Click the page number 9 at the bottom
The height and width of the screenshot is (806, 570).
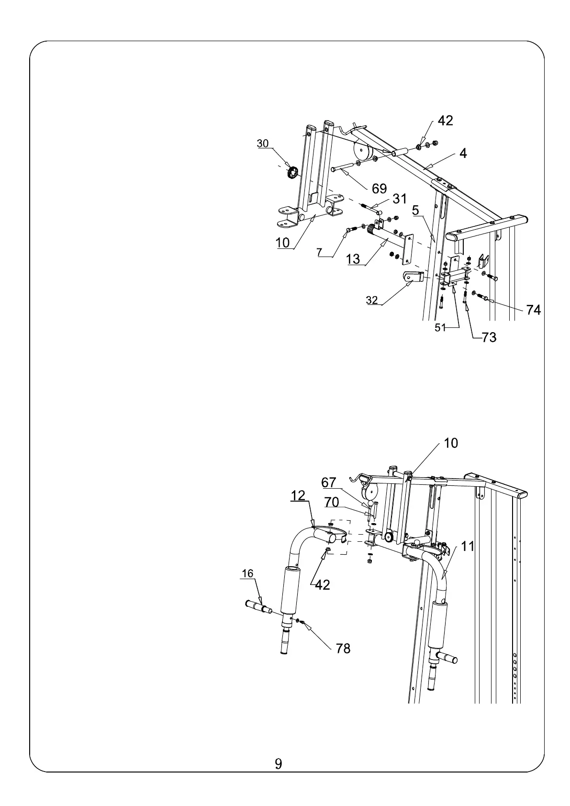279,763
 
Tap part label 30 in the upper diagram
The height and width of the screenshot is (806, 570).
263,143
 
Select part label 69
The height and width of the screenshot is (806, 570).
379,189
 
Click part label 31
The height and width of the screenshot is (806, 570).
400,198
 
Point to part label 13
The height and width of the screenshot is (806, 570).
353,259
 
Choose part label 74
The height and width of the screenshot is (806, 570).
533,310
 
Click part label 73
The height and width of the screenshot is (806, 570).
489,337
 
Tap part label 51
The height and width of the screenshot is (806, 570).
440,327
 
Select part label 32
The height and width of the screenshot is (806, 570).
372,300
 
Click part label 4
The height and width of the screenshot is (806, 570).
463,153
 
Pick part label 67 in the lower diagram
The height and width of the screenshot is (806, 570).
329,482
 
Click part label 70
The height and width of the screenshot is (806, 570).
332,502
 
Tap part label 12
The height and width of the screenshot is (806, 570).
298,495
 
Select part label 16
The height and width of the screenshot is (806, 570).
247,573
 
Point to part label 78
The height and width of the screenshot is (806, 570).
343,648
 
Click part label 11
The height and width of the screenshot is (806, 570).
468,546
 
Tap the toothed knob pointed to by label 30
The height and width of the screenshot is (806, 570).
292,172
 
